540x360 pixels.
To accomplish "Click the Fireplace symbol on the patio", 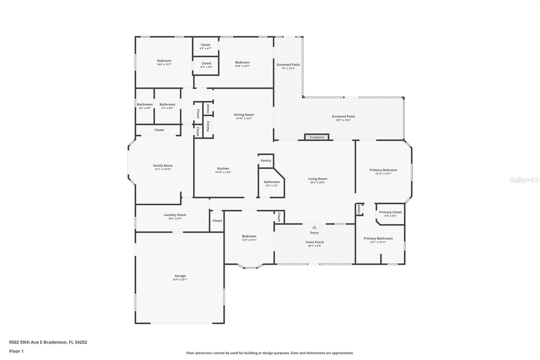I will [x=317, y=137].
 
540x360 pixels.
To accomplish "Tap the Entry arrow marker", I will [x=314, y=227].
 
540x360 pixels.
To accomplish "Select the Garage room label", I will [x=180, y=276].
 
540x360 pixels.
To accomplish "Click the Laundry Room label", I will [x=175, y=215].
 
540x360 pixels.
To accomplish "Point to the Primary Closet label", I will [x=390, y=212].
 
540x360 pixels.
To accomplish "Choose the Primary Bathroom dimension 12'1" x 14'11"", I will [x=378, y=242].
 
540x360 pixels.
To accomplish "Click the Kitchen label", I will [x=223, y=169].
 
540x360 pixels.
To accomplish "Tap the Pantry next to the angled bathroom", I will [x=266, y=161].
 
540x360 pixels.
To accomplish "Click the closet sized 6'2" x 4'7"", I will [x=206, y=46].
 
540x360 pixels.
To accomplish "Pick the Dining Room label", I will [x=244, y=115].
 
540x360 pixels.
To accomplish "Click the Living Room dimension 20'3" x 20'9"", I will [x=318, y=183].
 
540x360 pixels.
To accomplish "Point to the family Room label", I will [x=163, y=165].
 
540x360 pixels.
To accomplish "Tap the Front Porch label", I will [x=315, y=242].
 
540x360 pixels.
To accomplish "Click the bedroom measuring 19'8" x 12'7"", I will [x=242, y=64].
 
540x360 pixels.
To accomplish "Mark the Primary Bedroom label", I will [x=383, y=170].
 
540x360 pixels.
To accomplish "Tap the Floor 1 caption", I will [x=16, y=351].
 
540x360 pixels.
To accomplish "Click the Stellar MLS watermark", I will [x=524, y=180].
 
